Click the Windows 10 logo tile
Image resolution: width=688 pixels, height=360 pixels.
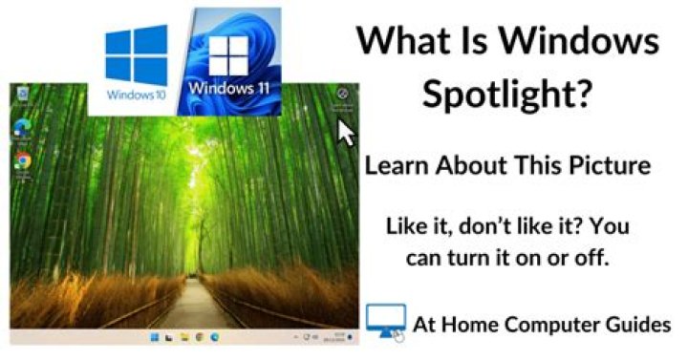(137, 62)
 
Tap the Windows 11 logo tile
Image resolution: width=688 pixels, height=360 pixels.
(233, 59)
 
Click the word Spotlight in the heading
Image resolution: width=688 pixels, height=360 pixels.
(506, 94)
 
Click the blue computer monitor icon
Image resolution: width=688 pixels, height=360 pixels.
(384, 321)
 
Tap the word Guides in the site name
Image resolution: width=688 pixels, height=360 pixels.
(638, 325)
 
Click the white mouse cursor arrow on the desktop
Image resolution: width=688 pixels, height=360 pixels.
(346, 130)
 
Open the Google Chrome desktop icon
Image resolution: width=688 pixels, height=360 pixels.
(21, 160)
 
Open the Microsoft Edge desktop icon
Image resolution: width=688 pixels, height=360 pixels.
(21, 126)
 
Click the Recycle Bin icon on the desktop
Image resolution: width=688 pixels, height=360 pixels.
(21, 93)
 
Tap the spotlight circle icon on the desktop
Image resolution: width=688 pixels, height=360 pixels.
(342, 94)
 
